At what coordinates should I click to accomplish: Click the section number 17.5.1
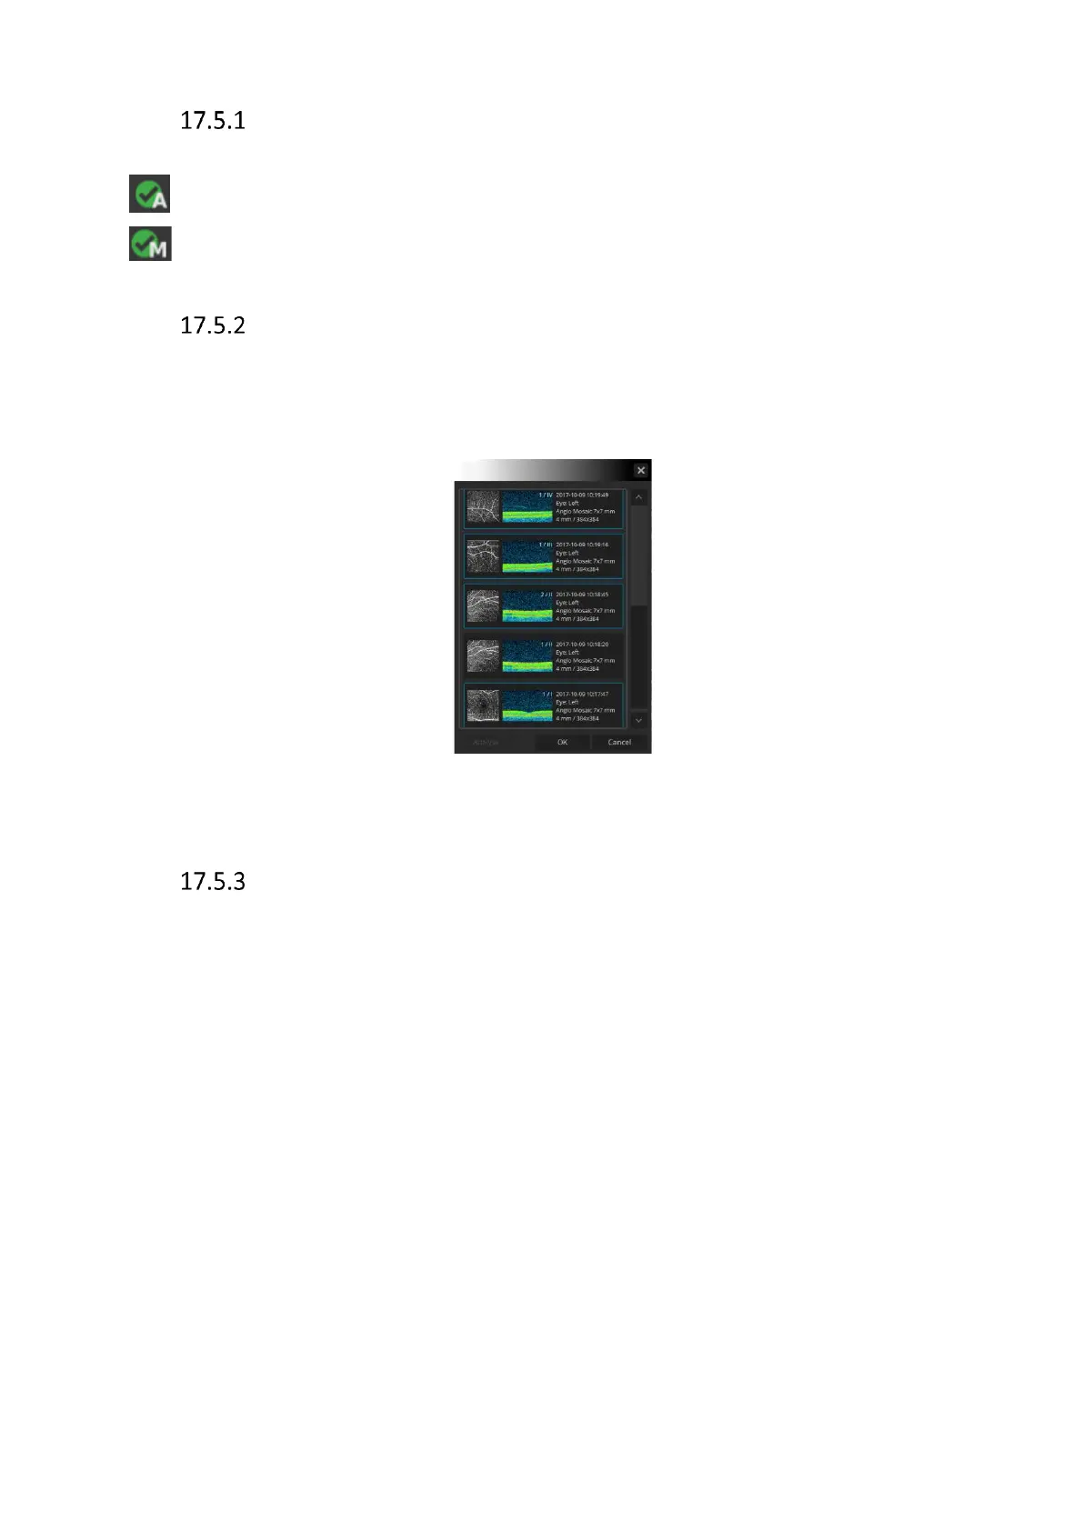[212, 121]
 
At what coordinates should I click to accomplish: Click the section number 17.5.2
[212, 325]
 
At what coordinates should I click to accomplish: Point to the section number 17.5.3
[212, 882]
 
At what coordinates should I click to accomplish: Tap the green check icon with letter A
[149, 194]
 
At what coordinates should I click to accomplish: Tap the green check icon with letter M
[150, 243]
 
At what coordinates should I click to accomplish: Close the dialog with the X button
[641, 470]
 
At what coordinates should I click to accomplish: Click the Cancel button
[619, 742]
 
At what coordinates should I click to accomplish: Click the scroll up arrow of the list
[638, 497]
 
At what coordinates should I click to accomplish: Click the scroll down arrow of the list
[638, 720]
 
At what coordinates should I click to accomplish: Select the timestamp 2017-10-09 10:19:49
[582, 495]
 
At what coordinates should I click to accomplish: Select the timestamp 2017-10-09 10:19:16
[582, 545]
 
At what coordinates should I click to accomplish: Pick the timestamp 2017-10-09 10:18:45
[582, 595]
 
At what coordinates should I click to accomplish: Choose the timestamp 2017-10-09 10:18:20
[582, 644]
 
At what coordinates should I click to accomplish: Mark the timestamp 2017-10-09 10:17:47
[582, 694]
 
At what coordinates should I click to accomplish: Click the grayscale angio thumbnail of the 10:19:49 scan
[483, 506]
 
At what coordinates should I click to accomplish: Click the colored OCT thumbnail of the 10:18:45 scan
[527, 605]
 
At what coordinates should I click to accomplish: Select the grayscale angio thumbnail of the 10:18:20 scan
[483, 655]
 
